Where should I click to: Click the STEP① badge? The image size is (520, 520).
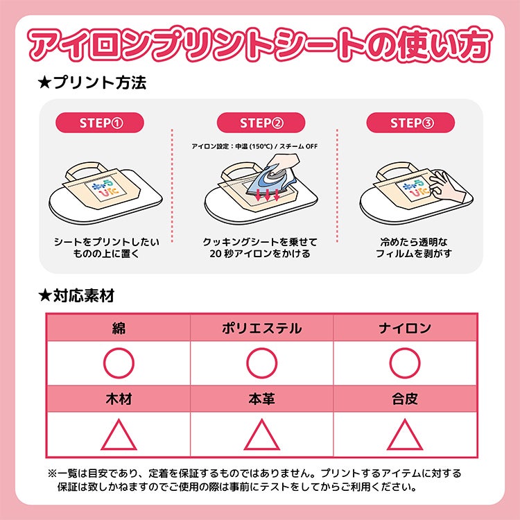(x=99, y=123)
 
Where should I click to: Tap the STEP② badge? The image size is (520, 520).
(x=261, y=123)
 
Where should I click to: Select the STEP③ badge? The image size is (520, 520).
(x=410, y=123)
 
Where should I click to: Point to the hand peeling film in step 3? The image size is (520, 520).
(x=446, y=187)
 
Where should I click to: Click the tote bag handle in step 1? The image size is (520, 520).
(x=81, y=170)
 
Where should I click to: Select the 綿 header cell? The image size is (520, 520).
(x=119, y=328)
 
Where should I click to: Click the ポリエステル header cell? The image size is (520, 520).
(x=261, y=328)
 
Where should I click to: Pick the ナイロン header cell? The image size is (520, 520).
(x=405, y=328)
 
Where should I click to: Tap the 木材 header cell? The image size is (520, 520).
(x=119, y=399)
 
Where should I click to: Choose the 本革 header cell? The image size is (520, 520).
(x=261, y=399)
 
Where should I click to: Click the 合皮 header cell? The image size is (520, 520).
(x=405, y=399)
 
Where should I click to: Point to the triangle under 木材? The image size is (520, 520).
(x=119, y=449)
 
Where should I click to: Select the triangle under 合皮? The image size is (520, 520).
(x=405, y=449)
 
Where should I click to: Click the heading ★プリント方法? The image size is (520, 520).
(x=92, y=83)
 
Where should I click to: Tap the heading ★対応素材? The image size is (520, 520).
(x=76, y=295)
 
